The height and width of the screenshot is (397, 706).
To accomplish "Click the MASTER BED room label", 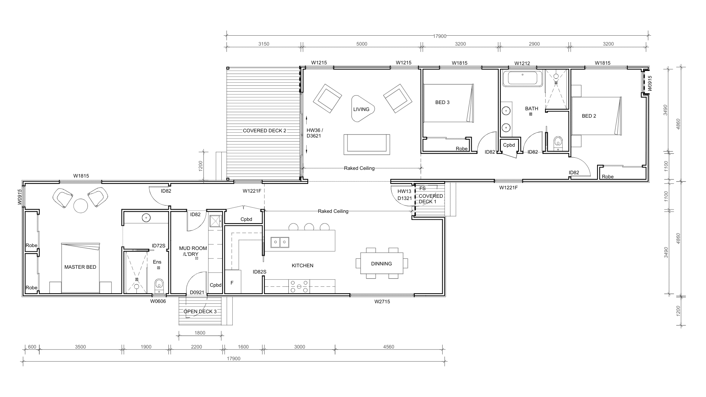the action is [x=80, y=267].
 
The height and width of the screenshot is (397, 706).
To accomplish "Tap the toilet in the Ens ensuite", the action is [x=159, y=285].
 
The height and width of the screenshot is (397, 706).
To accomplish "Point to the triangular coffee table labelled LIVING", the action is [x=362, y=109].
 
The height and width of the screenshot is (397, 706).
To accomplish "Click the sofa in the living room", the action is [x=367, y=144].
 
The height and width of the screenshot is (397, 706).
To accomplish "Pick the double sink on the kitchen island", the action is [x=280, y=242].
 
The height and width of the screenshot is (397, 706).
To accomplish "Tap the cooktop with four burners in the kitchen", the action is [x=299, y=286].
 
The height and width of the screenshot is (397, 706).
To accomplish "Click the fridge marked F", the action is [x=232, y=282].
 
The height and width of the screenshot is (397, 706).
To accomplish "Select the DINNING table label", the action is [x=381, y=264].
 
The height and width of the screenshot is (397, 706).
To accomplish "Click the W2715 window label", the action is [x=382, y=302].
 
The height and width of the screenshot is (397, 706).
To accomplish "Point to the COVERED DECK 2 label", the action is [x=264, y=130].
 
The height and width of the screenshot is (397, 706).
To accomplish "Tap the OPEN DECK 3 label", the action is [x=200, y=311].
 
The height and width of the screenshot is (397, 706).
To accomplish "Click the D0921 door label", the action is [x=197, y=293].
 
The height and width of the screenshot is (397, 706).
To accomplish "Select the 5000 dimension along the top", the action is [x=362, y=44].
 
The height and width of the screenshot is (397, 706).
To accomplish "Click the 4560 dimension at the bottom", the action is [x=389, y=347].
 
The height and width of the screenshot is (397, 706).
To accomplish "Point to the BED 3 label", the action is [x=442, y=102].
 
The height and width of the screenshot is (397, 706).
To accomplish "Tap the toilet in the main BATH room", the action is [x=558, y=143].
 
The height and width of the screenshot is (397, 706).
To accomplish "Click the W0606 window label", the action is [x=158, y=301].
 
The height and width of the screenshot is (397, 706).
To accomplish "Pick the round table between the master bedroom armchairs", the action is [x=81, y=205].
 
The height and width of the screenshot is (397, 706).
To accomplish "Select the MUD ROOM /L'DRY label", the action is [x=193, y=251].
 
